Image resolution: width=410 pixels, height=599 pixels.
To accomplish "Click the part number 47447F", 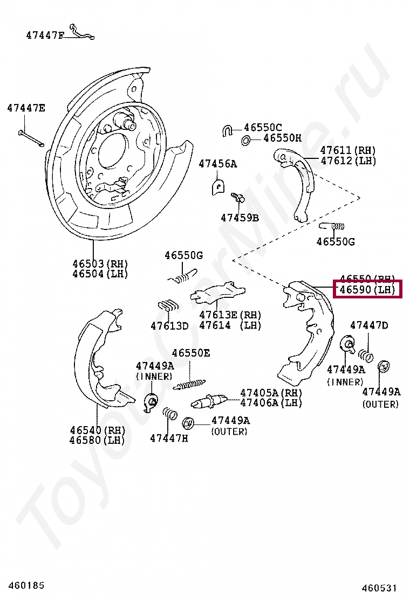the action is pos(45,36).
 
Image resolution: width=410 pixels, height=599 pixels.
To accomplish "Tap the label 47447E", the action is pos(26,108).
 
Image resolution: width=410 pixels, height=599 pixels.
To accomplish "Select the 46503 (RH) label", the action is pos(100,263).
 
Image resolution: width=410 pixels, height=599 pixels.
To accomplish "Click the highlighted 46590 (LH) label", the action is pos(367,290).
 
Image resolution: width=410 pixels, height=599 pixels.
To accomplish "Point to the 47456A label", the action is pos(217,163).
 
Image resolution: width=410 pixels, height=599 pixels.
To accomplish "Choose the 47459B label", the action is pos(240,218).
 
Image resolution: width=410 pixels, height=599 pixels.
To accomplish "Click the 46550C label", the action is pos(263,128).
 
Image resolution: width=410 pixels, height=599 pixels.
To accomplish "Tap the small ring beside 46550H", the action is pos(245,141).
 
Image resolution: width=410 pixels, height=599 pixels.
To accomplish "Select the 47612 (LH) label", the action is pos(348,161).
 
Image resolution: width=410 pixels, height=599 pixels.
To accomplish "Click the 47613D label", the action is pos(169,325).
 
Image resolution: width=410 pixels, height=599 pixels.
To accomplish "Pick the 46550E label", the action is pos(191,353).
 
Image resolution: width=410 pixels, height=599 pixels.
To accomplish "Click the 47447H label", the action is pos(169,438).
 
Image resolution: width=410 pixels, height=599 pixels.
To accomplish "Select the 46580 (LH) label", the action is pos(97,440).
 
